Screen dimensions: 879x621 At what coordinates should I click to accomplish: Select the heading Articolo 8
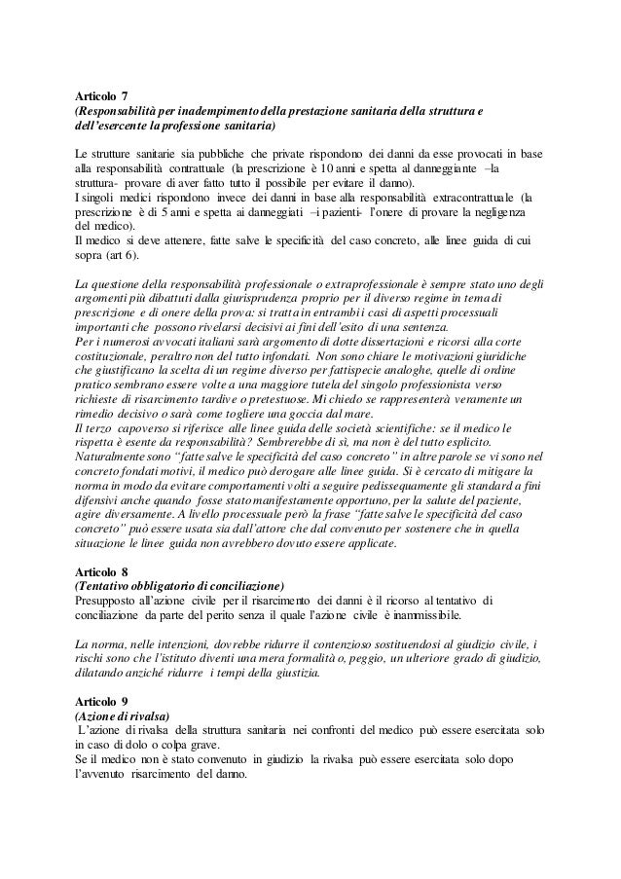point(101,573)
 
